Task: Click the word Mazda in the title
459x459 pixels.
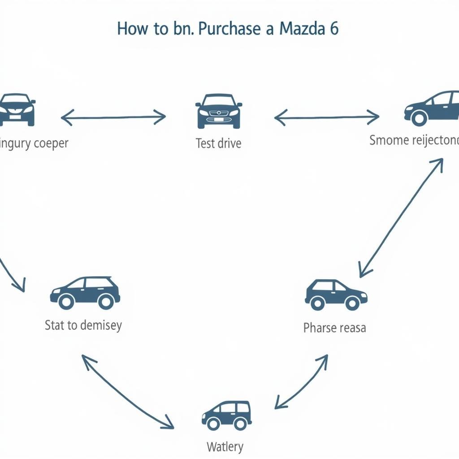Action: (302, 29)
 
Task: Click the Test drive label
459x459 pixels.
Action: (218, 143)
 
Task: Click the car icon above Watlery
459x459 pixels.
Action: (226, 415)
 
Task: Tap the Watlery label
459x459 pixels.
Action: (225, 446)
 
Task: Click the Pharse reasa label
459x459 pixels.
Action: (334, 328)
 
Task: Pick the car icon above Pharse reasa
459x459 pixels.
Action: (336, 294)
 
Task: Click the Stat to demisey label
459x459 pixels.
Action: (83, 325)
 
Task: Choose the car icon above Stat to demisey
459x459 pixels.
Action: (85, 292)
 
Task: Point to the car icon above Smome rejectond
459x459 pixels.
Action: (432, 108)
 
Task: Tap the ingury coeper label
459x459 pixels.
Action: (34, 144)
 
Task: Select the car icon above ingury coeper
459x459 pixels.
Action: (17, 109)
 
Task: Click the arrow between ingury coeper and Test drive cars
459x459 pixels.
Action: (113, 118)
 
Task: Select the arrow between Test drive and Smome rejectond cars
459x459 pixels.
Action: (327, 118)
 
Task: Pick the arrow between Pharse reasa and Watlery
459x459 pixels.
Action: (301, 381)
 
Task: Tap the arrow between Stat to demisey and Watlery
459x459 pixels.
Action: (127, 391)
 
